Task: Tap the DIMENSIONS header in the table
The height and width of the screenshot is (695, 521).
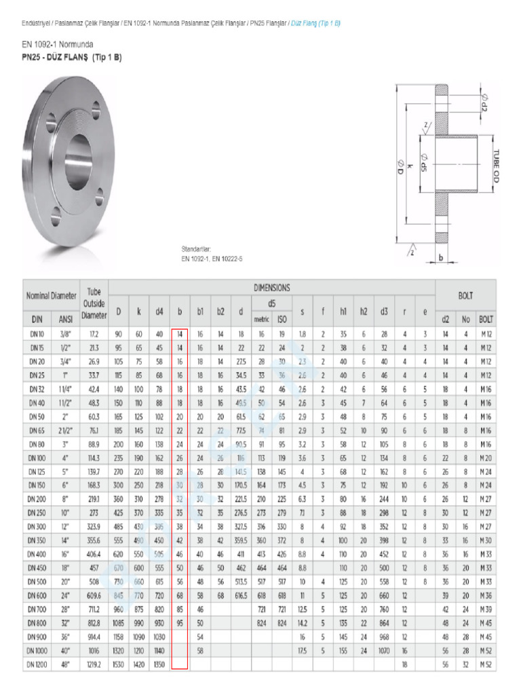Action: pyautogui.click(x=271, y=288)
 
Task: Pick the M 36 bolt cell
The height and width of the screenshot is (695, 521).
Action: pyautogui.click(x=486, y=595)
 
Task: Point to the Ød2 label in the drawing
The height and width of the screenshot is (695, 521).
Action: pyautogui.click(x=483, y=102)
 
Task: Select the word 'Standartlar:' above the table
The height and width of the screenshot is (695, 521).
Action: pyautogui.click(x=196, y=248)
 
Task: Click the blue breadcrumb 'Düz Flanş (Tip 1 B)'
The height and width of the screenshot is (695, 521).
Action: pyautogui.click(x=315, y=22)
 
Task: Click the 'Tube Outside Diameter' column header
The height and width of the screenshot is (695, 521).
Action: pyautogui.click(x=94, y=303)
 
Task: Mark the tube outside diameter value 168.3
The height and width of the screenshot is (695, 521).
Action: pyautogui.click(x=94, y=485)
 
